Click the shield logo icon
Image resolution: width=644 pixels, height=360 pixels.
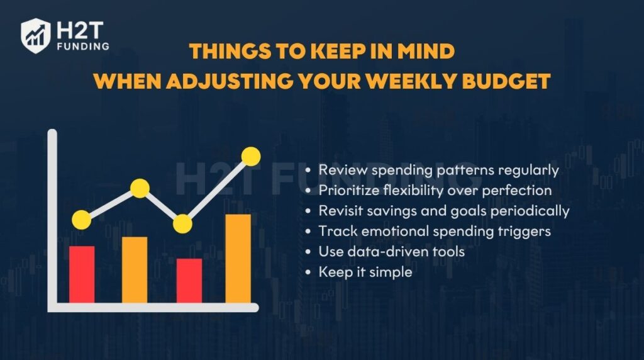point(36,35)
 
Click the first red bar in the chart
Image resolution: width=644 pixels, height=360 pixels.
point(82,274)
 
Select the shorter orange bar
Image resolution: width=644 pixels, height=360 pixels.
point(135,269)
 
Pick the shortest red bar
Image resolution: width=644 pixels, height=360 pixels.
point(189,281)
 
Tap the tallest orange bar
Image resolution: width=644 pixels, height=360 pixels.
point(238,259)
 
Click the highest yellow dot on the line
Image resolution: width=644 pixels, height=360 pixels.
point(251,155)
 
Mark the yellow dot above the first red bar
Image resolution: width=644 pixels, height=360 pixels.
point(81,219)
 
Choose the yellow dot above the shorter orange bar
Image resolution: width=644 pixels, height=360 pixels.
point(140,188)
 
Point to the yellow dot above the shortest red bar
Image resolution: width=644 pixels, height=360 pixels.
point(182,223)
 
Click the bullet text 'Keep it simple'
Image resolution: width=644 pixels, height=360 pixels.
point(365,273)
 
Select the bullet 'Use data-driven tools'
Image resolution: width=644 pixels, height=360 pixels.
point(391,252)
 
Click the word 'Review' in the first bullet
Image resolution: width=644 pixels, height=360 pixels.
point(340,169)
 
